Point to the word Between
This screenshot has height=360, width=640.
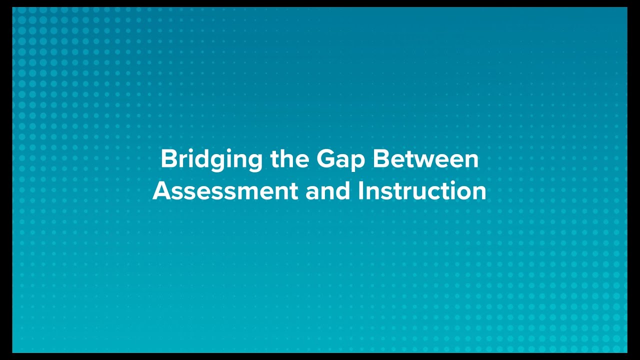(425, 159)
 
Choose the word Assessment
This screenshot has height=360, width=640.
(225, 191)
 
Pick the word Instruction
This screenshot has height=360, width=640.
(422, 191)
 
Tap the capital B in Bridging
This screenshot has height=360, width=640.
(168, 159)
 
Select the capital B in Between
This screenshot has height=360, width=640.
(380, 159)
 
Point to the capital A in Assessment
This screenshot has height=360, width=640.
(161, 191)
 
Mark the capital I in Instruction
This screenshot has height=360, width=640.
(361, 191)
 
